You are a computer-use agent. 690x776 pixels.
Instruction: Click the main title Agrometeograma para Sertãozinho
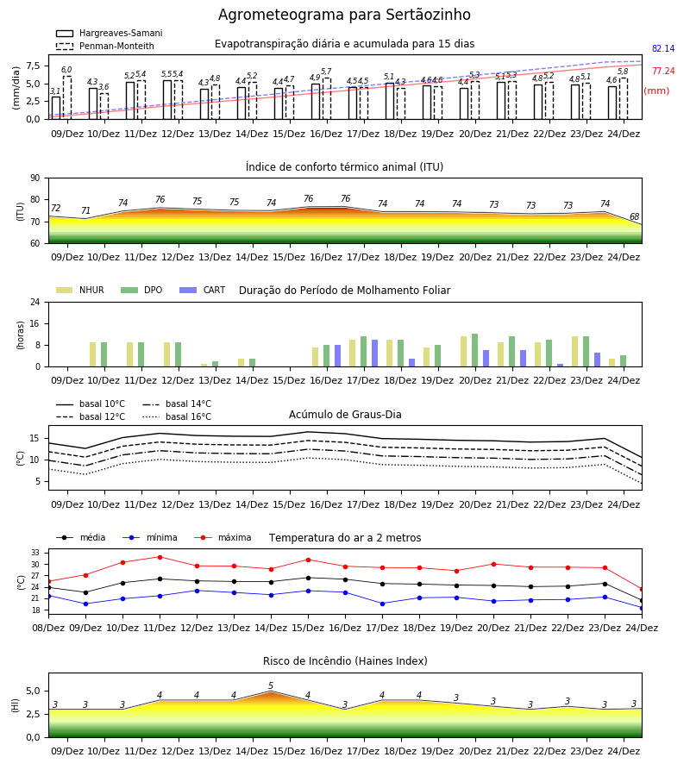[x=344, y=15]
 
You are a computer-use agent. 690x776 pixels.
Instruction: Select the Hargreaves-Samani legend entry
[x=109, y=33]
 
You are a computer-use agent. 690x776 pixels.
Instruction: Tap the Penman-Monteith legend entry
[x=105, y=46]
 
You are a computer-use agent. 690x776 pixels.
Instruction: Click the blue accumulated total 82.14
[x=663, y=48]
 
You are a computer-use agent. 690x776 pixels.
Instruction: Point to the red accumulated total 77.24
[x=663, y=71]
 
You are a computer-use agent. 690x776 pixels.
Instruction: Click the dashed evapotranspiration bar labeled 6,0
[x=67, y=97]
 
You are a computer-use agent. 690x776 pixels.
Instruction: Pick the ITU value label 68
[x=634, y=216]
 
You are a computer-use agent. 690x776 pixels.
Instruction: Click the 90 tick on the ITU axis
[x=35, y=178]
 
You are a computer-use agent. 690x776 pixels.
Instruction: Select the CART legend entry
[x=203, y=290]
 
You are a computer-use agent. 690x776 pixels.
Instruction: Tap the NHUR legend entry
[x=80, y=290]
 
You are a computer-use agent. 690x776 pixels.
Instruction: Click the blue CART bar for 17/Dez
[x=374, y=354]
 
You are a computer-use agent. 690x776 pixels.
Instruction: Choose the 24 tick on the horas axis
[x=35, y=302]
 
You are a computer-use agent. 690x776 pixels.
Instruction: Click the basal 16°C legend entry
[x=177, y=416]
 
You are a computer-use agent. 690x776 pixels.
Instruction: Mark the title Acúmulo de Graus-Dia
[x=345, y=415]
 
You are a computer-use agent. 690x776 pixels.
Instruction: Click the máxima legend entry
[x=223, y=537]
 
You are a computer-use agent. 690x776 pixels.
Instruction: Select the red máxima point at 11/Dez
[x=160, y=557]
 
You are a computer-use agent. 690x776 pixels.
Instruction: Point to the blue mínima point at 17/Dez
[x=383, y=604]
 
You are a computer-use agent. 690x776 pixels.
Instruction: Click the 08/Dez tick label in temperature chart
[x=48, y=628]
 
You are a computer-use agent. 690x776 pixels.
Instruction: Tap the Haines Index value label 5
[x=271, y=685]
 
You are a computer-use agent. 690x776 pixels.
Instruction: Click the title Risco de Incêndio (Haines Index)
[x=345, y=661]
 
